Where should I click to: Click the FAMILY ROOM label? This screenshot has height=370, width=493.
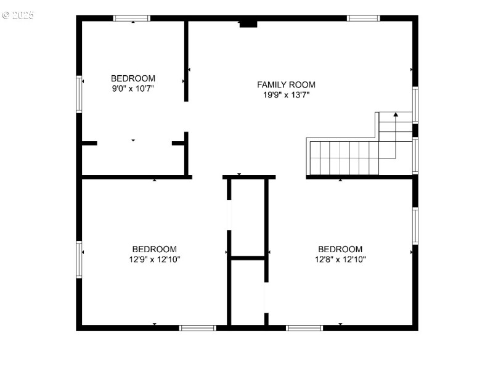(x=286, y=84)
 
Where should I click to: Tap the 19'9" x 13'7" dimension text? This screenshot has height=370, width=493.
(x=286, y=95)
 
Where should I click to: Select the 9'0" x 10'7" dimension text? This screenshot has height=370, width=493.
(x=132, y=89)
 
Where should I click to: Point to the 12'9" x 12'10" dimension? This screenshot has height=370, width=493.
(x=155, y=260)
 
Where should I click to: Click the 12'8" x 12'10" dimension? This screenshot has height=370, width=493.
(x=340, y=260)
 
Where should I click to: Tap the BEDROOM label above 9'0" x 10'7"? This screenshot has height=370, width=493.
(x=132, y=78)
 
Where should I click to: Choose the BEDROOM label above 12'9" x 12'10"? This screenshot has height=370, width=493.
(x=155, y=249)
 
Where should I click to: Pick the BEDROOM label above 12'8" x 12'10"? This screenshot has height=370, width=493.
(x=340, y=249)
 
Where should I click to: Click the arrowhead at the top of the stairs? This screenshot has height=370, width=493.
(x=396, y=115)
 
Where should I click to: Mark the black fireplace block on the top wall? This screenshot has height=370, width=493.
(x=248, y=23)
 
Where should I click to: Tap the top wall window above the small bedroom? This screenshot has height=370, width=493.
(x=132, y=18)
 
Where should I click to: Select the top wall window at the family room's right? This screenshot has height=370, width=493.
(x=364, y=18)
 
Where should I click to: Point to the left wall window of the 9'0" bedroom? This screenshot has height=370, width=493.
(x=79, y=94)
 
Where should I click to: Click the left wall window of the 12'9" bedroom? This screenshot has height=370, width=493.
(x=79, y=259)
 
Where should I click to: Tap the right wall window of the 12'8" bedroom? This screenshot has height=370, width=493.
(x=415, y=226)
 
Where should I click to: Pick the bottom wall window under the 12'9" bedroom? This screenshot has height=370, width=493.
(x=197, y=327)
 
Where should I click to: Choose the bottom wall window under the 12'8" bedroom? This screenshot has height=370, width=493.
(x=304, y=327)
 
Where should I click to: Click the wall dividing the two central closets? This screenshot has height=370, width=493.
(x=248, y=258)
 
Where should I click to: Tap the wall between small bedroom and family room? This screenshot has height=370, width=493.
(x=186, y=60)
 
